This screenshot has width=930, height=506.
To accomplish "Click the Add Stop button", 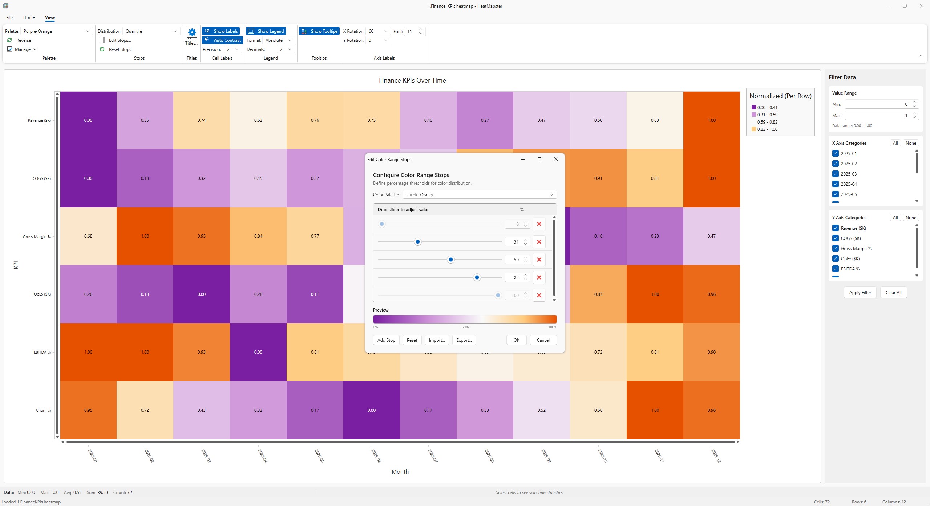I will tap(386, 340).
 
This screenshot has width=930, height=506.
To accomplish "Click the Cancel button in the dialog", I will tap(543, 340).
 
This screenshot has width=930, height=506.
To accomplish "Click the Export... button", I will tap(464, 340).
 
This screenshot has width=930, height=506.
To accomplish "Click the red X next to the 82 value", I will tap(539, 277).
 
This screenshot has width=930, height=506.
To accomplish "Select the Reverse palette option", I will tap(23, 40).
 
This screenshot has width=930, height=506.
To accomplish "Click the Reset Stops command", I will tap(120, 49).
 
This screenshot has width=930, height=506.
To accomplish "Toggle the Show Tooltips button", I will tap(319, 31).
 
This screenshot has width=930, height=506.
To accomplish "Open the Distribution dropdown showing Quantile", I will tap(151, 31).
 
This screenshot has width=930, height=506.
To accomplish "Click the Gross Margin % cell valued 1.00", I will tap(145, 236).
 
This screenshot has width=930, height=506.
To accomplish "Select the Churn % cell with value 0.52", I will tap(541, 410).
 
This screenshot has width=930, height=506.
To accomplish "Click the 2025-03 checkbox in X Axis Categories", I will tap(836, 174).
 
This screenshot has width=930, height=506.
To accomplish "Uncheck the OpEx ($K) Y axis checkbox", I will tap(836, 259).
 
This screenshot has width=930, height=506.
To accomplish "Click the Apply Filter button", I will tap(860, 293).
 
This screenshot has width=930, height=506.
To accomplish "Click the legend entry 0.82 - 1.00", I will tap(767, 129).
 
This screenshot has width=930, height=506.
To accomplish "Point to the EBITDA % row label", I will tap(42, 352).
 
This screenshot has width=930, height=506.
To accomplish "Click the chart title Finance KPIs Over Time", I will tap(412, 80).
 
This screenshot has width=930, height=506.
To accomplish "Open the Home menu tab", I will tap(29, 17).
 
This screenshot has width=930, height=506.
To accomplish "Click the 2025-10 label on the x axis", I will tap(602, 456).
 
